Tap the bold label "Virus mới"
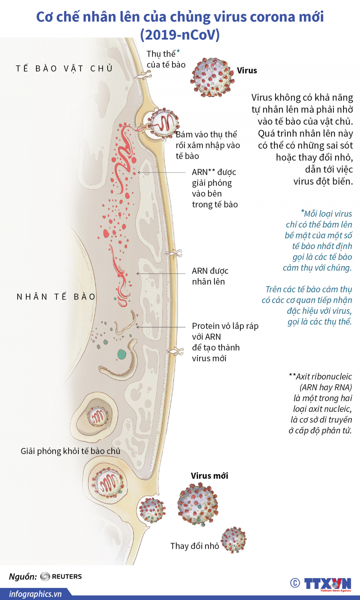pyautogui.click(x=209, y=476)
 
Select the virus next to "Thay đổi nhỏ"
pyautogui.click(x=233, y=540)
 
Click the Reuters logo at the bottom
pyautogui.click(x=61, y=576)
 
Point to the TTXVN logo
pyautogui.click(x=327, y=584)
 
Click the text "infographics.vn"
pyautogui.click(x=35, y=594)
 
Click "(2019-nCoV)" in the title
pyautogui.click(x=180, y=35)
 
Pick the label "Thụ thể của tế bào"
pyautogui.click(x=165, y=59)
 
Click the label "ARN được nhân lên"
pyautogui.click(x=210, y=276)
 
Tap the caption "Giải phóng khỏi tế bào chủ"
pyautogui.click(x=70, y=451)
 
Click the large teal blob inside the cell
pyautogui.click(x=121, y=354)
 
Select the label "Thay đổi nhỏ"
pyautogui.click(x=195, y=546)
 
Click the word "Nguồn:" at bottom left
pyautogui.click(x=23, y=576)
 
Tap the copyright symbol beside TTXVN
pyautogui.click(x=295, y=583)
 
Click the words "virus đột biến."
pyautogui.click(x=323, y=181)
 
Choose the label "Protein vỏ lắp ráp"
pyautogui.click(x=225, y=326)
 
